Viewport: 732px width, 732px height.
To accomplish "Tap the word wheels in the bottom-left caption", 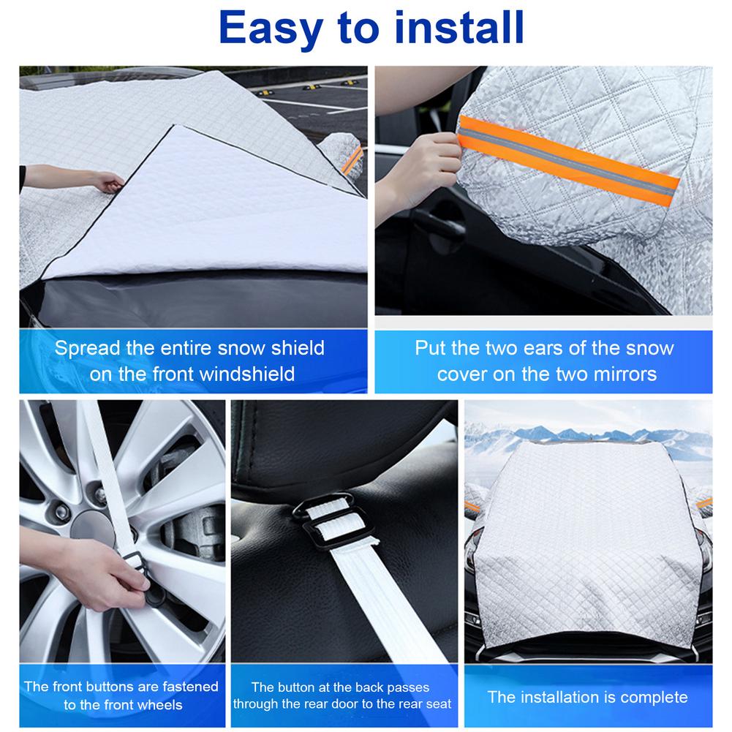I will (x=155, y=704).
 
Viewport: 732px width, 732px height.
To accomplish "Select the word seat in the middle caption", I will (x=437, y=704).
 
